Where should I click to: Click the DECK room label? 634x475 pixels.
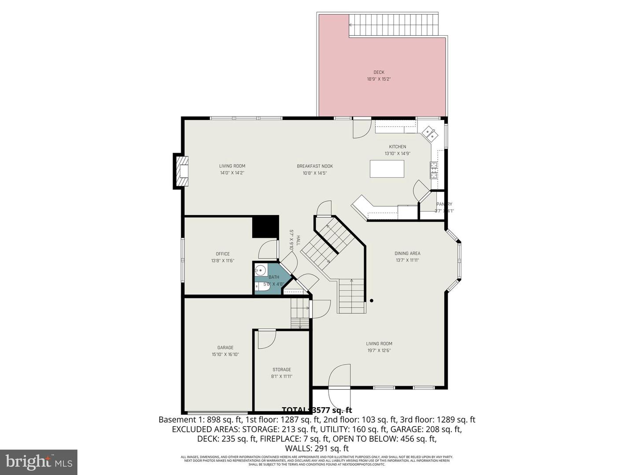click(x=379, y=72)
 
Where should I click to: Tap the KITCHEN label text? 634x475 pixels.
click(x=397, y=147)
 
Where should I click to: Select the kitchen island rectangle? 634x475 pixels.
click(x=387, y=169)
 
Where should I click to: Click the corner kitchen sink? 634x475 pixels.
click(x=429, y=133)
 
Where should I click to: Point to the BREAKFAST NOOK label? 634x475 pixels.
click(x=315, y=166)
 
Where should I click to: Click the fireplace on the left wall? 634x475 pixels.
click(x=182, y=171)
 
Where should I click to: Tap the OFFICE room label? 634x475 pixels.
click(x=223, y=254)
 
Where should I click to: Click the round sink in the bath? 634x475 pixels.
click(x=260, y=270)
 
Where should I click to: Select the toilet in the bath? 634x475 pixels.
click(x=260, y=286)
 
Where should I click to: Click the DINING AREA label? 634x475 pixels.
click(x=407, y=253)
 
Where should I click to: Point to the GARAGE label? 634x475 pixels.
click(x=225, y=347)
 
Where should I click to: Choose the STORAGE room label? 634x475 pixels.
click(x=282, y=369)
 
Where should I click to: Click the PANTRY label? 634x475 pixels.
click(x=444, y=204)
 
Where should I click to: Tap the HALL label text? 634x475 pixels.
click(x=298, y=240)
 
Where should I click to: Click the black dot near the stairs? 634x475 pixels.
click(x=372, y=301)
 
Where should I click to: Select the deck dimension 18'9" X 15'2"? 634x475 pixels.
click(x=379, y=79)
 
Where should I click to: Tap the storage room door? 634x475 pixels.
click(x=266, y=339)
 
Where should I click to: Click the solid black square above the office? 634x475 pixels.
click(x=265, y=227)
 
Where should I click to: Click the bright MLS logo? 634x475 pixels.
click(x=39, y=462)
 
